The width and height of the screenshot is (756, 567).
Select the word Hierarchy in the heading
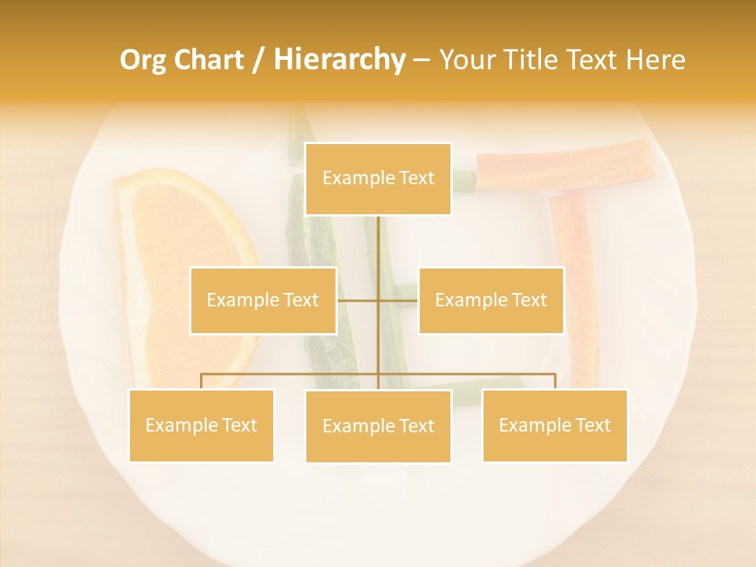339,60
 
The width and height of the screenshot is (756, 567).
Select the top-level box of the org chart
378,179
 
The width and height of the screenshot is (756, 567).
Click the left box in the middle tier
263,300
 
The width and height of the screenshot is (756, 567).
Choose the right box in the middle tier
491,300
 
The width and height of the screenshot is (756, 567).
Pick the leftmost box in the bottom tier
201,425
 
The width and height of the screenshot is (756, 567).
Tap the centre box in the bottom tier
378,426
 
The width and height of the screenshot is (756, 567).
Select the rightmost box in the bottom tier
554,425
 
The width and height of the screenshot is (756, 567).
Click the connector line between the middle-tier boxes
398,300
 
